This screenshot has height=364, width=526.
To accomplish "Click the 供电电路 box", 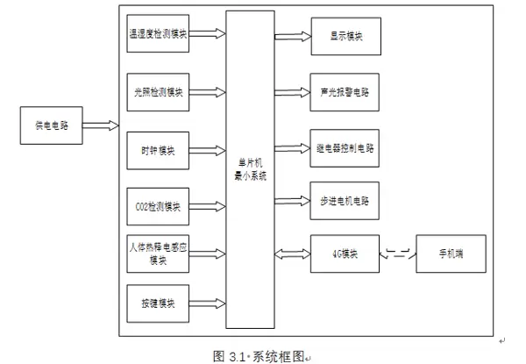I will [52, 125].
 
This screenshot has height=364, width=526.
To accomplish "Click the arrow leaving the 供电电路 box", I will [100, 125].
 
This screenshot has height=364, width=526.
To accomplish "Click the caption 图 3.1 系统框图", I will [263, 355].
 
